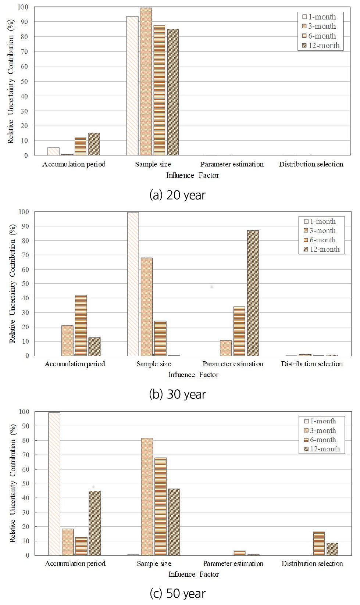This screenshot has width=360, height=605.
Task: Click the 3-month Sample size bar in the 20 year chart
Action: coord(146,82)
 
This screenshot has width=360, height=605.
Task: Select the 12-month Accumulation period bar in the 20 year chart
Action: coord(94,144)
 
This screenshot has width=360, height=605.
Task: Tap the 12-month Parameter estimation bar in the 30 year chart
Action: coord(253,293)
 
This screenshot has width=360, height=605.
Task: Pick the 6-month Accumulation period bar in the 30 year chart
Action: coord(81,325)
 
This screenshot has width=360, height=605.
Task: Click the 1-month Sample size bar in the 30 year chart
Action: coord(133,284)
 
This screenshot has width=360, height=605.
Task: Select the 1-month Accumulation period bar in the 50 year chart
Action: coord(54,484)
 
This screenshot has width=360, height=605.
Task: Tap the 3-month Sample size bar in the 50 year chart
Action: coord(147,497)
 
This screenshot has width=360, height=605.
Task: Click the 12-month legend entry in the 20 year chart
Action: coord(321,46)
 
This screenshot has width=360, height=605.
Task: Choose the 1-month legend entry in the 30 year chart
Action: coord(320,221)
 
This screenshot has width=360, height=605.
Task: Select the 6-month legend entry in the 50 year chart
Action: coord(320,440)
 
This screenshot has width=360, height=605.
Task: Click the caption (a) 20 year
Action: coord(177,195)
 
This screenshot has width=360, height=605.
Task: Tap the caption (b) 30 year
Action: coord(177,394)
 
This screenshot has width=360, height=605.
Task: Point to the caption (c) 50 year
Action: coord(178,593)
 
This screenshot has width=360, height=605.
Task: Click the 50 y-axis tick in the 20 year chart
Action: coord(24,82)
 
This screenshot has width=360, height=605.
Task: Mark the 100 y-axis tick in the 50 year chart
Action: coord(24,412)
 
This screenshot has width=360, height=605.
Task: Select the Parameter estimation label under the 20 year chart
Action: coord(232,164)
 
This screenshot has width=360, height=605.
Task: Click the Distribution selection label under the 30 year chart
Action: coord(312,364)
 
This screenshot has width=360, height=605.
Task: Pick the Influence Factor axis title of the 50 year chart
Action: coord(193,574)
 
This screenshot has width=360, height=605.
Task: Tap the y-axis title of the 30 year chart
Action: coord(13,283)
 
